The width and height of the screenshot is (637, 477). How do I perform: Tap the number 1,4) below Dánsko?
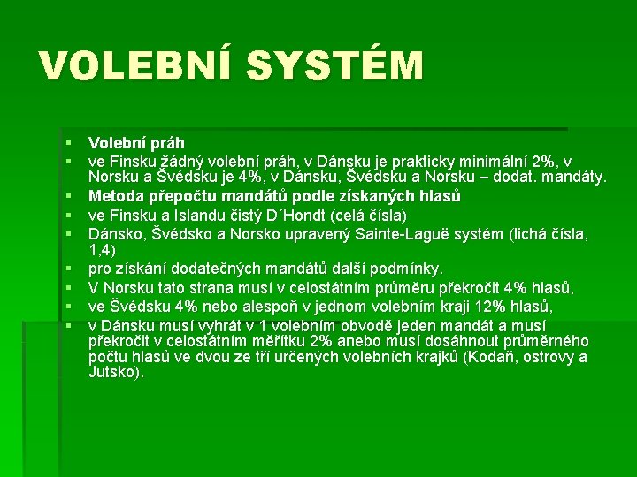[102, 250]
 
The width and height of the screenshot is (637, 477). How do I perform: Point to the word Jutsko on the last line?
[113, 372]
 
